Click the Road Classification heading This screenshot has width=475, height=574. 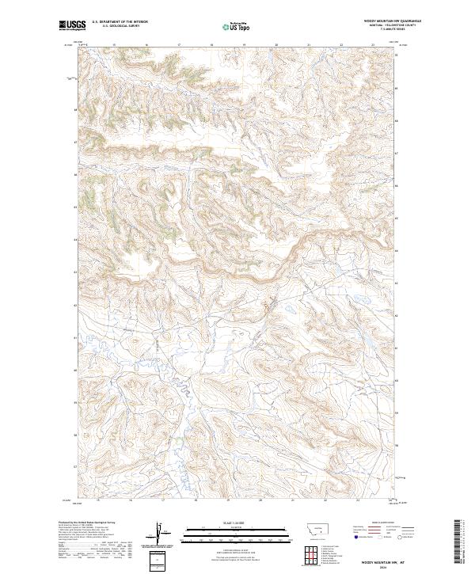[x=380, y=523]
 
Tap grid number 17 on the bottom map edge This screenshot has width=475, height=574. [x=162, y=500]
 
